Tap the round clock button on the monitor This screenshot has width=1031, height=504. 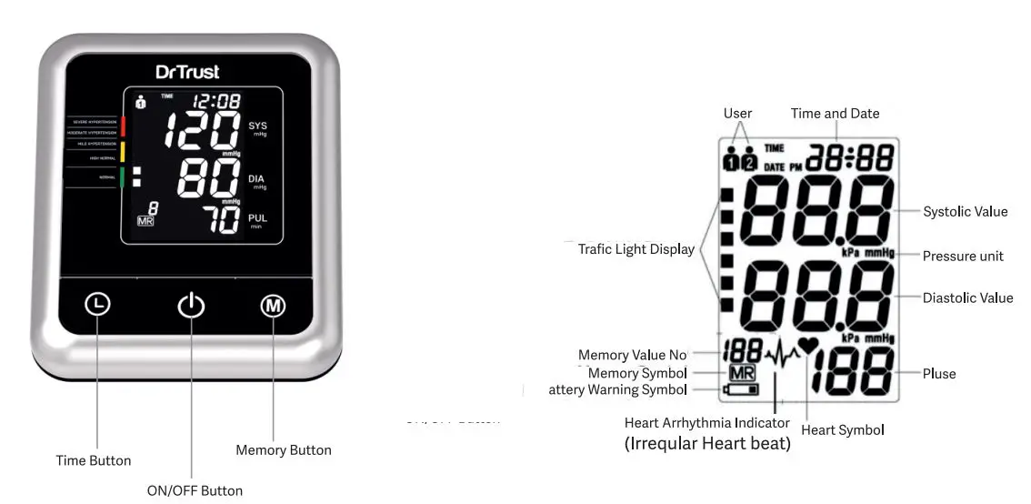[98, 304]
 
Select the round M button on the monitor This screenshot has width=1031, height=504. [273, 305]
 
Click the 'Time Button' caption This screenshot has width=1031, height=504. [94, 460]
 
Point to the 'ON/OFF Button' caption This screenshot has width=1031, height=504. [195, 490]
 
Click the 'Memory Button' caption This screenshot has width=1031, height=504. [284, 449]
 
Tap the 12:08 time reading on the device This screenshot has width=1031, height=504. [216, 101]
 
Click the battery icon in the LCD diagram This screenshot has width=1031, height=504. [740, 390]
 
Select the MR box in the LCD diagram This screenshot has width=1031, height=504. [741, 373]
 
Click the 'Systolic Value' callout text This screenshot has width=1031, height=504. [966, 212]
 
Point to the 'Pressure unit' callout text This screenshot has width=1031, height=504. [964, 256]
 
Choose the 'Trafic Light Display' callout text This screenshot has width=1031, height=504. [636, 248]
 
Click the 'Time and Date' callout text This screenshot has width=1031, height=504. [835, 114]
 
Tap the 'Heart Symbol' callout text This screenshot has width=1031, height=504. [843, 429]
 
